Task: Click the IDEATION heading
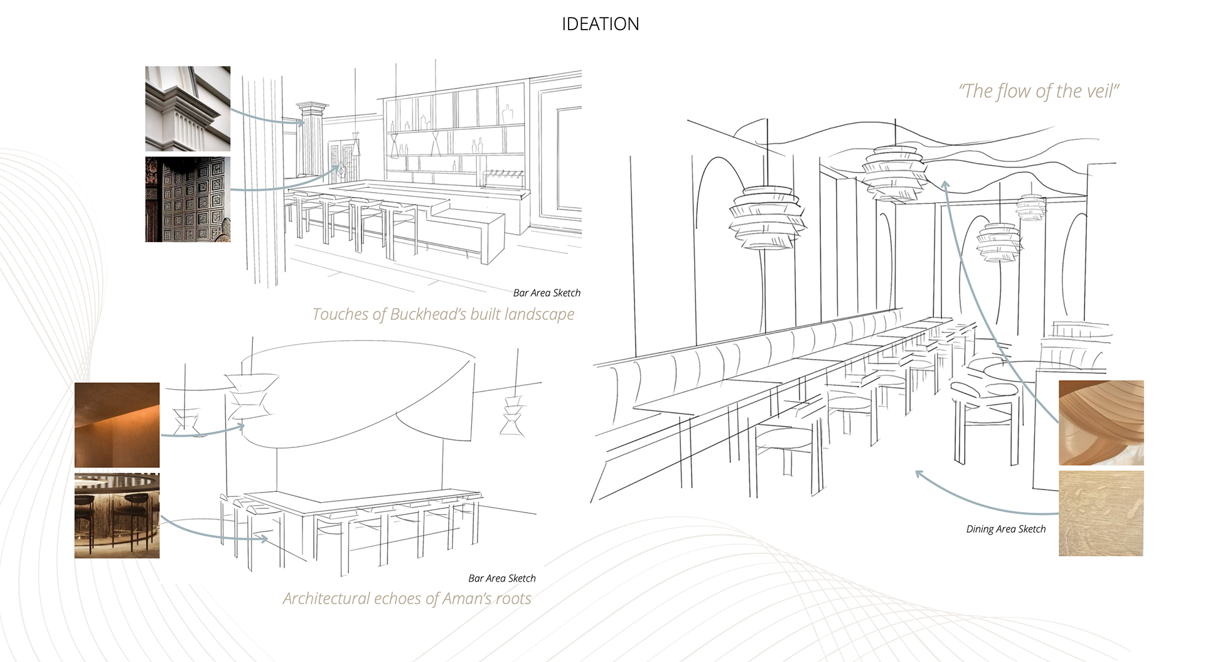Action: coord(600,24)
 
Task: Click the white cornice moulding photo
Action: coord(188,109)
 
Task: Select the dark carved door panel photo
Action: coord(188,200)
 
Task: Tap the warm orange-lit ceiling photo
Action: coord(117,425)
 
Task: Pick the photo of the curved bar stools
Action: coord(117,515)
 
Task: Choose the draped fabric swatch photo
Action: coord(1101,422)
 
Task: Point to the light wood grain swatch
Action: coord(1101,513)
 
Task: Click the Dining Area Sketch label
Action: coord(1005,529)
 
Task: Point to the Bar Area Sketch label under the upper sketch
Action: coord(546,293)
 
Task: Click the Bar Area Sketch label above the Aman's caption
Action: coord(501,579)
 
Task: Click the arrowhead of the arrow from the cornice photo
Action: coord(302,122)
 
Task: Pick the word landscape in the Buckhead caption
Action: coord(539,314)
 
